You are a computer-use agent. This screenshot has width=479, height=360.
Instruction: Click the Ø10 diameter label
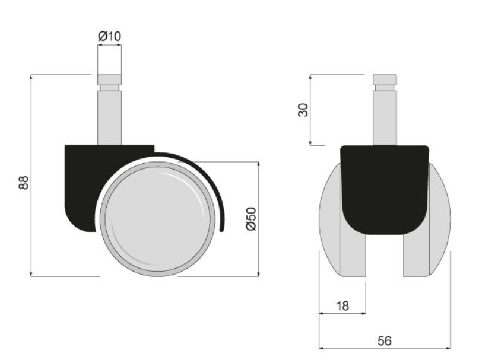(109, 36)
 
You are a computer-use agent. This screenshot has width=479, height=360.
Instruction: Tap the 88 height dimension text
(24, 183)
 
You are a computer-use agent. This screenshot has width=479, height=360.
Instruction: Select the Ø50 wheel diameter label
(252, 219)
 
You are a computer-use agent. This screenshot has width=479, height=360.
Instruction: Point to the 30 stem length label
(303, 110)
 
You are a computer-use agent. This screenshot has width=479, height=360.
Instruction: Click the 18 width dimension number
(342, 305)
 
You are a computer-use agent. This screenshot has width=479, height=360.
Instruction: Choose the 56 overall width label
(384, 341)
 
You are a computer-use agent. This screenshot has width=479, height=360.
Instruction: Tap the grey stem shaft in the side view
(109, 117)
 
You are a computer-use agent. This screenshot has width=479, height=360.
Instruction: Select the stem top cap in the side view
(109, 79)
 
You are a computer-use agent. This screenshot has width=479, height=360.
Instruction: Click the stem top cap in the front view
(385, 79)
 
